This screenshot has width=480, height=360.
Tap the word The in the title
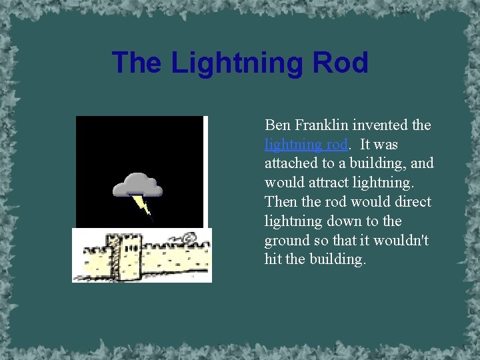pos(137,63)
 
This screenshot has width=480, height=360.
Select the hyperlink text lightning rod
pos(306,144)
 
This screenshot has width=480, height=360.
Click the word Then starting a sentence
pos(281,201)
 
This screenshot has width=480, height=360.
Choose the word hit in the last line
pos(273,259)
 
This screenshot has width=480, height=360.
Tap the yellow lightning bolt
pos(143,205)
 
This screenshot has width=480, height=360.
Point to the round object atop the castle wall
pos(189,237)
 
